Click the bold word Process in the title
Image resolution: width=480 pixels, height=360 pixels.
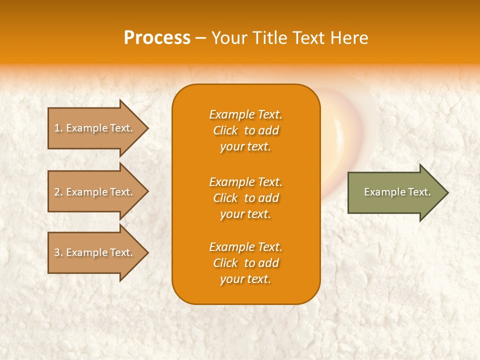(x=157, y=38)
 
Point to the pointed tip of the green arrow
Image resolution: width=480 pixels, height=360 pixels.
(x=447, y=192)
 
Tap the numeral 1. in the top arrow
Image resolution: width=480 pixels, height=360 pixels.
(x=58, y=128)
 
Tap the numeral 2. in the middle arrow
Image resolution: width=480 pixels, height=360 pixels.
(x=58, y=192)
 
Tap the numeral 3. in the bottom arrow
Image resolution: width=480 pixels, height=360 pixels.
(x=58, y=252)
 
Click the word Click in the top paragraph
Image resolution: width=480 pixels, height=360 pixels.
(x=225, y=131)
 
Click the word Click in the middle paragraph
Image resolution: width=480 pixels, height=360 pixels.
(x=225, y=198)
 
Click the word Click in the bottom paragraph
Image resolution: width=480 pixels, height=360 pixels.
(x=225, y=263)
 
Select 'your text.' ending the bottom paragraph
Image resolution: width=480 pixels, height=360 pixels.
(x=245, y=279)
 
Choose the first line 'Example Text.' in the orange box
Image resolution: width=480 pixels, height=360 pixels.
(x=245, y=114)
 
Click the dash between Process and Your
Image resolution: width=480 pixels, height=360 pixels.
(x=201, y=38)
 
